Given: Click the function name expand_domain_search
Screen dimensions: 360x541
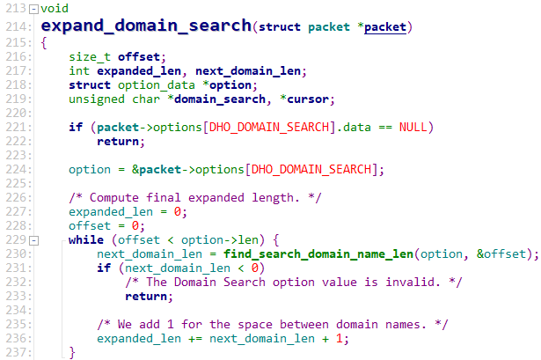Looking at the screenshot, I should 145,27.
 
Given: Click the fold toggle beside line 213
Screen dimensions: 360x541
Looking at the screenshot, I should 33,9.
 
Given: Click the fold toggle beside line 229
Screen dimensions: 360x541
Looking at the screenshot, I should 33,240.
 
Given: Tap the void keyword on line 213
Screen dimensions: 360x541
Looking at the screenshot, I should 55,9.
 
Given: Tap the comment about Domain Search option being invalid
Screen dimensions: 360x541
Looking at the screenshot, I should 291,282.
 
